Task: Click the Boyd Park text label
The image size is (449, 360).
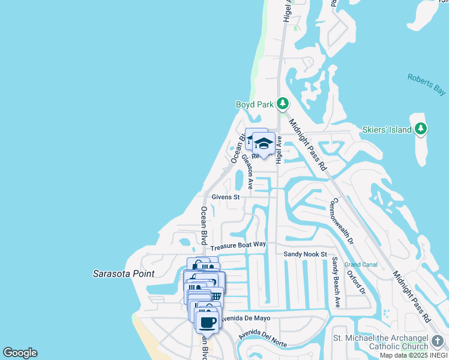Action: (x=255, y=104)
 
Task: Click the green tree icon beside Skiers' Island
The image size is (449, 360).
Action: (x=421, y=129)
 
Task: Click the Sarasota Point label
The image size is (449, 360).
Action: (x=124, y=274)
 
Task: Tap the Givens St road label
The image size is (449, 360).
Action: (x=225, y=197)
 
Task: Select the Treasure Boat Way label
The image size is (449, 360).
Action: (x=238, y=245)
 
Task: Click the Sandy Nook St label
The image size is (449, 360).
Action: (x=305, y=254)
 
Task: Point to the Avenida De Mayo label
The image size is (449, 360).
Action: (x=246, y=318)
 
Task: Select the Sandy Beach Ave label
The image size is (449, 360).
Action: (x=336, y=283)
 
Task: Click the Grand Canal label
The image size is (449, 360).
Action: (x=360, y=265)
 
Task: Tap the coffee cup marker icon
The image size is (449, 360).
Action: (x=207, y=322)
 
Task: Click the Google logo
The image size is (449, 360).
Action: (x=20, y=353)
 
